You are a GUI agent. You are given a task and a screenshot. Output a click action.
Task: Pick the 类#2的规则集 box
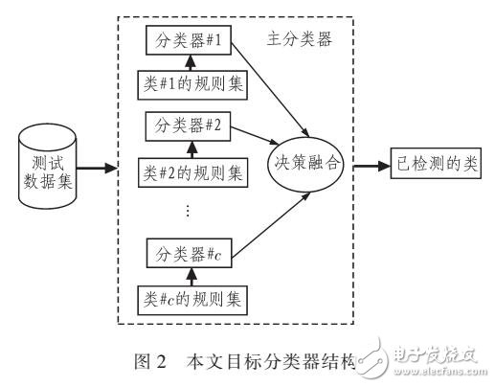tap(191, 173)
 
